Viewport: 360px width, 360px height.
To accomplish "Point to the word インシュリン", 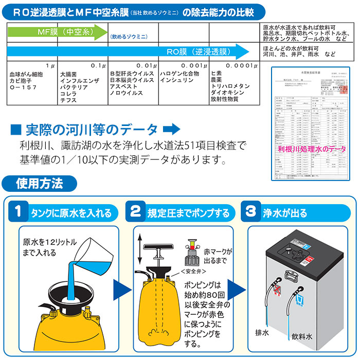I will [176, 81].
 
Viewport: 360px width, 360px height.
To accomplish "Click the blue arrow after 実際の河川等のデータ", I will [173, 128].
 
